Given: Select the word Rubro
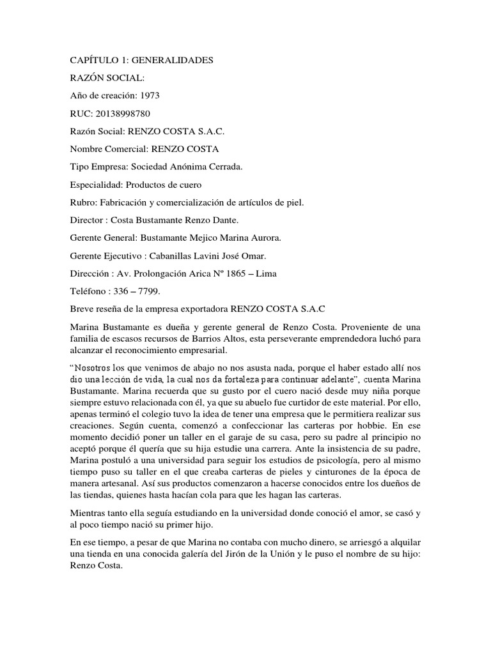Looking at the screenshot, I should pyautogui.click(x=82, y=202).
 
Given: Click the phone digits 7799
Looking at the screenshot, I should pyautogui.click(x=149, y=291).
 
